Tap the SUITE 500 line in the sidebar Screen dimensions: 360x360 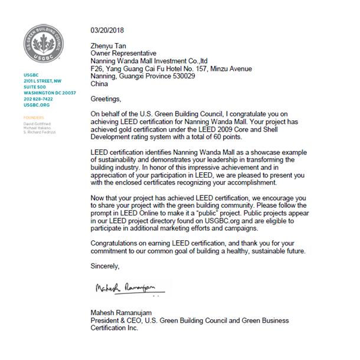[34, 87]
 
